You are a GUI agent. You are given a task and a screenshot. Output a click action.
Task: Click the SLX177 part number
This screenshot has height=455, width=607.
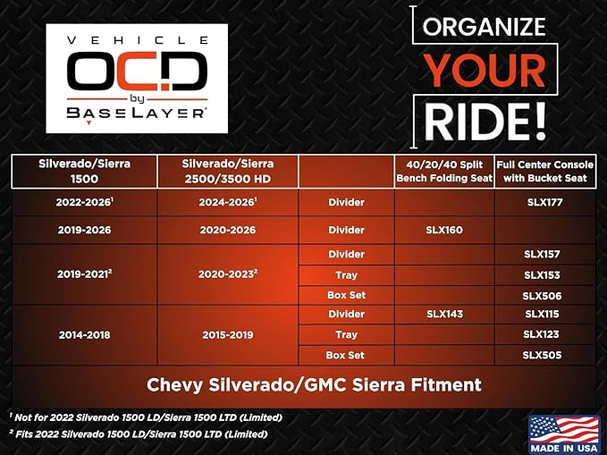coord(544,202)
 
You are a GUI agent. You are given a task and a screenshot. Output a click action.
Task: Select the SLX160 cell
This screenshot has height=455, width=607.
coord(444,230)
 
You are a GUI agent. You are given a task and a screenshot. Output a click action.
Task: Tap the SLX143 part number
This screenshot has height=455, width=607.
coord(444,314)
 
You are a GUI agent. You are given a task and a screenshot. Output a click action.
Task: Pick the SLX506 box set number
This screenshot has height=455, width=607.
coord(542,296)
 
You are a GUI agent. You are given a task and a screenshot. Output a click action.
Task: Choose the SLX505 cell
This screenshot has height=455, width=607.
coord(542,355)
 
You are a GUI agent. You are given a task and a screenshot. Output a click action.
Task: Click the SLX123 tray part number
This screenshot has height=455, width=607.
coord(541,334)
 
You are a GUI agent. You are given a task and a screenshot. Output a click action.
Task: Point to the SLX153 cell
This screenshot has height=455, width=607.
coord(542,275)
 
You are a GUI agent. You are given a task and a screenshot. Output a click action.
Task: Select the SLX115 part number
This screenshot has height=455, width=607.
coord(542,314)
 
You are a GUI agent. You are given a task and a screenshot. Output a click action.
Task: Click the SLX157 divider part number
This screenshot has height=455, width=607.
coord(542,254)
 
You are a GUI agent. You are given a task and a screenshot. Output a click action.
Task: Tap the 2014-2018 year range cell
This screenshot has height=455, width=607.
coord(84,335)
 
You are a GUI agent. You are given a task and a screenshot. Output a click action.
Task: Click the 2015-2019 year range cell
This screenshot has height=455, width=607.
coord(228,335)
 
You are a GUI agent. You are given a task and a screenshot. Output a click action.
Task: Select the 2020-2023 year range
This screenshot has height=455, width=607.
coord(228,274)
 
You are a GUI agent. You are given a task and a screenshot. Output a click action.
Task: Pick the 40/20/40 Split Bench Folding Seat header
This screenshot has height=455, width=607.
coord(444,172)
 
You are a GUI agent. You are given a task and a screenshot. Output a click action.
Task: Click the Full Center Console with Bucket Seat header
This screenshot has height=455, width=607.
coord(545,172)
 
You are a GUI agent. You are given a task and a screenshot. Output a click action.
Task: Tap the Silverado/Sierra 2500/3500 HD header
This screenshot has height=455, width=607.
coord(228,171)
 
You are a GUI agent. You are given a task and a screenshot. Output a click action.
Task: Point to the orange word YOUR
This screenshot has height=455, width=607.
coord(485,71)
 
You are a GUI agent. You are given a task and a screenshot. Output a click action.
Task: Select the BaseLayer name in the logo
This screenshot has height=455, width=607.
coord(136,113)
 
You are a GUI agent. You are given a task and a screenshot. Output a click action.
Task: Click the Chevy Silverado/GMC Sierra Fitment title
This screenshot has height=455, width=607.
coord(314,385)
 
